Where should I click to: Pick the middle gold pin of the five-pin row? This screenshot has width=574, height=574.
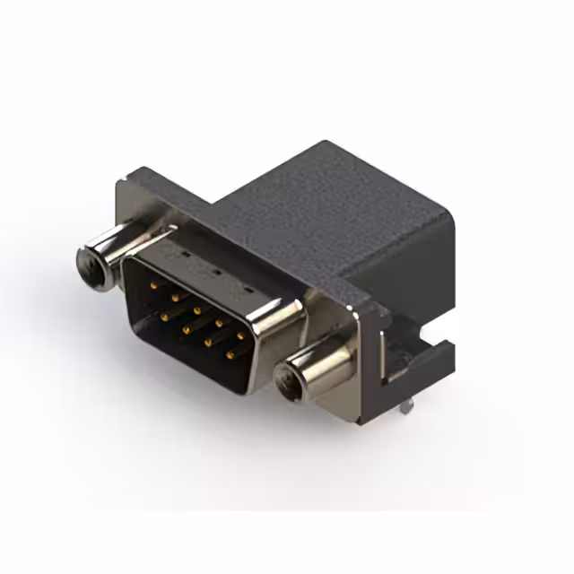[196, 311]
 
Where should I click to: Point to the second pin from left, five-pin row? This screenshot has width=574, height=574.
[175, 297]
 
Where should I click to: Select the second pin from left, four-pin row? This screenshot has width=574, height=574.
[187, 327]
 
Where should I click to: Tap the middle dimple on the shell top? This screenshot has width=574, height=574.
[213, 274]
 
